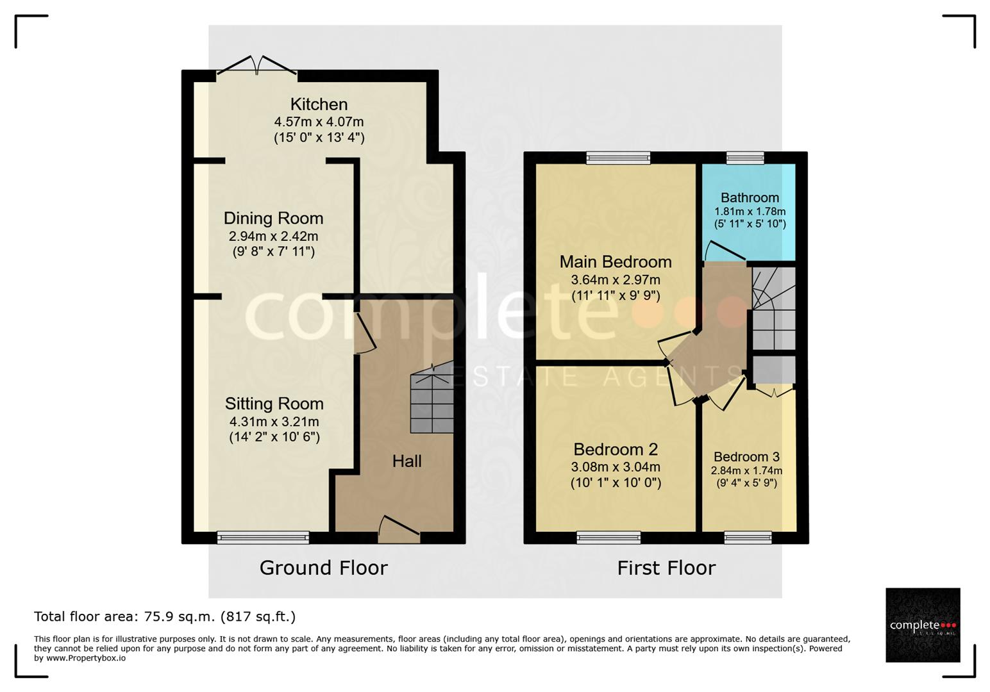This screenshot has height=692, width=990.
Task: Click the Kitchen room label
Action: [x=319, y=104]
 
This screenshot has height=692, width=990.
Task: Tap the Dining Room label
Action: [x=273, y=218]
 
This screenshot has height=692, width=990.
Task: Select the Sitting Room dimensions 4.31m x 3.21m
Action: [x=274, y=422]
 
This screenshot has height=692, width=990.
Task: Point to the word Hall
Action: [x=407, y=461]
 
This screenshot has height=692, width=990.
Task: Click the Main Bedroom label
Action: [x=615, y=262]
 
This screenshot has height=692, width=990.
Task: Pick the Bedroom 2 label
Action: [x=615, y=450]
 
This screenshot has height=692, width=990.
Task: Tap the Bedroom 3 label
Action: [x=746, y=457]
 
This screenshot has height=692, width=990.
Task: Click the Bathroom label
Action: [x=750, y=197]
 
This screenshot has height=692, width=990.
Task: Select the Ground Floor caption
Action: [x=324, y=568]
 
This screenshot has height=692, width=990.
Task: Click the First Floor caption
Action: [x=666, y=568]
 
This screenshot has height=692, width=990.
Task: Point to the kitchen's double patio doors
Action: [x=256, y=66]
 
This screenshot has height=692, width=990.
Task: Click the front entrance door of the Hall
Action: [x=399, y=529]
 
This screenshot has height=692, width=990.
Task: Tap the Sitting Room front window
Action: [x=263, y=537]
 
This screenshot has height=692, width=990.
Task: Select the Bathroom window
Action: [x=745, y=158]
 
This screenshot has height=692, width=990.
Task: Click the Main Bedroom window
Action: [x=618, y=158]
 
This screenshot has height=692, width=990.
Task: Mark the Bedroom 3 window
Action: [x=748, y=537]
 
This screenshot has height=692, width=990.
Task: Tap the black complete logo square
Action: [x=923, y=625]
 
